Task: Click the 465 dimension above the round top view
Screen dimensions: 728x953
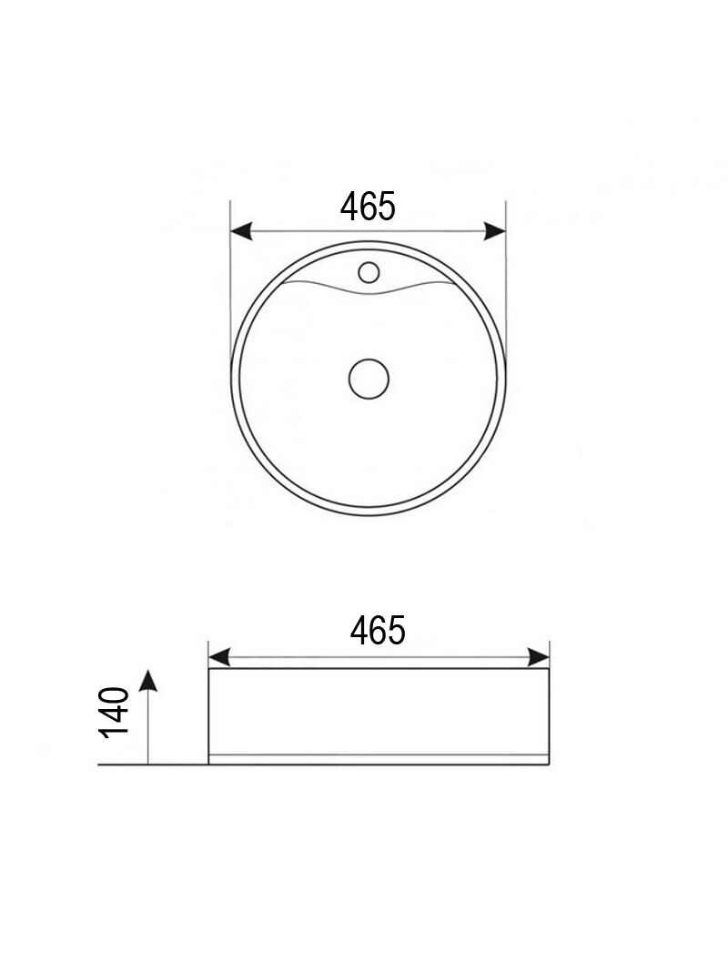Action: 368,206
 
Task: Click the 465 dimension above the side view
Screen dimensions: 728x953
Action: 378,630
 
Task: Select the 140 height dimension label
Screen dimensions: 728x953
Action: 115,713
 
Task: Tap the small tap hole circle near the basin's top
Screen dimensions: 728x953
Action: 369,272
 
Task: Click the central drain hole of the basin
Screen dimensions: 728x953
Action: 369,379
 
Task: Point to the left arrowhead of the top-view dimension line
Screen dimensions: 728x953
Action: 241,231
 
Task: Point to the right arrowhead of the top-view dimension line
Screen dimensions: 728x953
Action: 495,231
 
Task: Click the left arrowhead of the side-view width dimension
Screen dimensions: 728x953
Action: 219,657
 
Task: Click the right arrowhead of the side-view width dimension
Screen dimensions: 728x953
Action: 539,657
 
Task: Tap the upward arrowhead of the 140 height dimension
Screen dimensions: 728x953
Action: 148,681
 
